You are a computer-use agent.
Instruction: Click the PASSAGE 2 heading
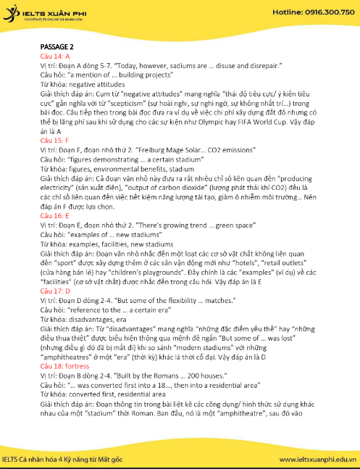pos(57,46)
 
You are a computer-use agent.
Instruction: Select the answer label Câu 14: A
pos(55,55)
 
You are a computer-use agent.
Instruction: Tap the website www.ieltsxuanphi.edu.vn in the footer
pos(316,458)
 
